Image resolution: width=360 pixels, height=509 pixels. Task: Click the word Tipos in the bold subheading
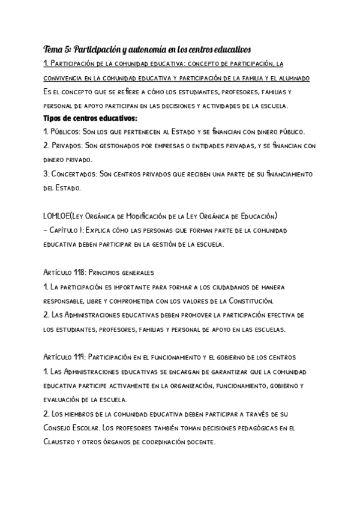point(55,118)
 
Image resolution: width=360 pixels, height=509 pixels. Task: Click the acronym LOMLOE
point(58,215)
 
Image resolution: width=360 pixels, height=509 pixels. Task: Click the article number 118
point(84,272)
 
